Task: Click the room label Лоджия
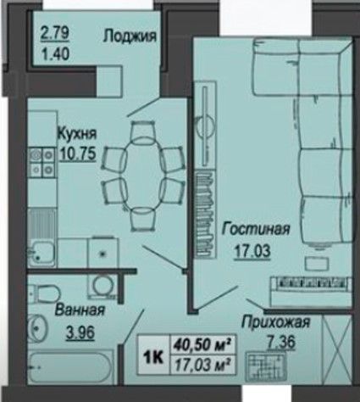tap(130, 36)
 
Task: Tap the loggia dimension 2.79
tap(55, 33)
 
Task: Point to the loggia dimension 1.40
tap(55, 54)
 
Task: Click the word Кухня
tap(77, 134)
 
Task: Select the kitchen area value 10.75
tap(78, 154)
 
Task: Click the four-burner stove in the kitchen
tap(42, 162)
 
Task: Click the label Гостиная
tap(256, 229)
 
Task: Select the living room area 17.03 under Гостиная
tap(252, 251)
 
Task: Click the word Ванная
tap(80, 310)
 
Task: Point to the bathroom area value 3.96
tap(80, 332)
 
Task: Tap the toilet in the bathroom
tap(44, 293)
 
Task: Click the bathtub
tap(69, 366)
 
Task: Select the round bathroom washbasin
tap(39, 328)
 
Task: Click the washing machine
tap(102, 287)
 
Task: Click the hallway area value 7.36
tap(280, 342)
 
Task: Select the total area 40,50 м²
tap(201, 345)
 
